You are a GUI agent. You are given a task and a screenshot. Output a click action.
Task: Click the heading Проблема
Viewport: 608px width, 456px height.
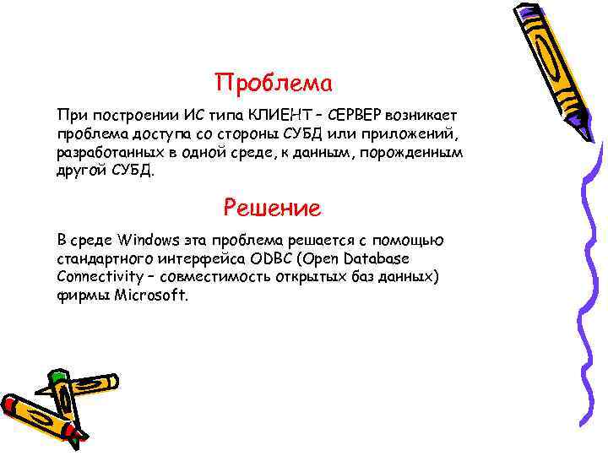[x=274, y=84]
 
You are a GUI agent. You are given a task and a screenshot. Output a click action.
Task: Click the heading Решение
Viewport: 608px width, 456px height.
[x=273, y=207]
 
